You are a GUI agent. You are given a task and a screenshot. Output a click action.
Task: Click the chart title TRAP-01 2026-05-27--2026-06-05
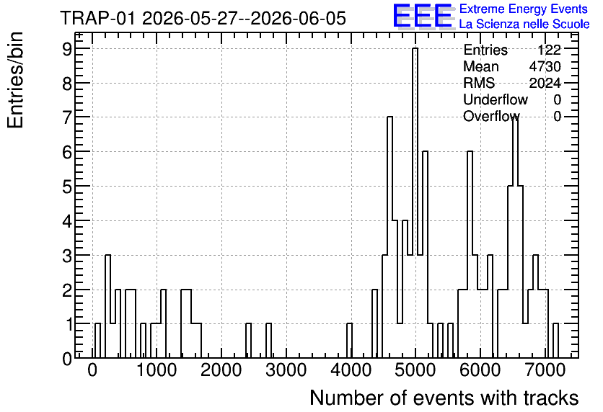[x=203, y=18]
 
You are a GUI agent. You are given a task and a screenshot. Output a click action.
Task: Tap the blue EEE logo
[x=423, y=16]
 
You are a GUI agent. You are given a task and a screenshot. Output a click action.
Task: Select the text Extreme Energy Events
[x=524, y=9]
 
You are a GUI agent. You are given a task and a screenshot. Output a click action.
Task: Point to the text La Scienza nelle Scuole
[x=524, y=24]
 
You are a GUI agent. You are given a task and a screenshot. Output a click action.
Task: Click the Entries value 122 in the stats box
[x=549, y=50]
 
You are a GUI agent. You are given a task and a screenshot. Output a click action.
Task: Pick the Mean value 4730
[x=545, y=66]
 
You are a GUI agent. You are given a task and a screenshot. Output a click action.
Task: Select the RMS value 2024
[x=545, y=83]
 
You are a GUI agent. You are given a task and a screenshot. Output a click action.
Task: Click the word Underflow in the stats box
[x=496, y=99]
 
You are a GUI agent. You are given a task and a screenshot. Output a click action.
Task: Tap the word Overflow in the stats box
[x=491, y=116]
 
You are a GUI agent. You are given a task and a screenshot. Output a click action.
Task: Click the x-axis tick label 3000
[x=286, y=370]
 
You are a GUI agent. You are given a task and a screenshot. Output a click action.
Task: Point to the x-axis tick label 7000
[x=545, y=370]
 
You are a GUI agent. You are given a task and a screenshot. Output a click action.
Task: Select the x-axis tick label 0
[x=92, y=370]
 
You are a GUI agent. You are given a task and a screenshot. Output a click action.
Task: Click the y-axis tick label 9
[x=67, y=49]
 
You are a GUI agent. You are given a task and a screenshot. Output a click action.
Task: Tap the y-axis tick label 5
[x=67, y=187]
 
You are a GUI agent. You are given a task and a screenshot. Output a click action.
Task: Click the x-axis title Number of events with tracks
[x=444, y=398]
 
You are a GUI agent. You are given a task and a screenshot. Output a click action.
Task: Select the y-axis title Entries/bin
[x=15, y=81]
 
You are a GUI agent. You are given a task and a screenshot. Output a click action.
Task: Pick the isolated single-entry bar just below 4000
[x=349, y=341]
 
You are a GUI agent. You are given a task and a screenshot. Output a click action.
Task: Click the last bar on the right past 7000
[x=555, y=341]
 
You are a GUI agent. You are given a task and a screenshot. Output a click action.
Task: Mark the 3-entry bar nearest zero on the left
[x=107, y=306]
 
